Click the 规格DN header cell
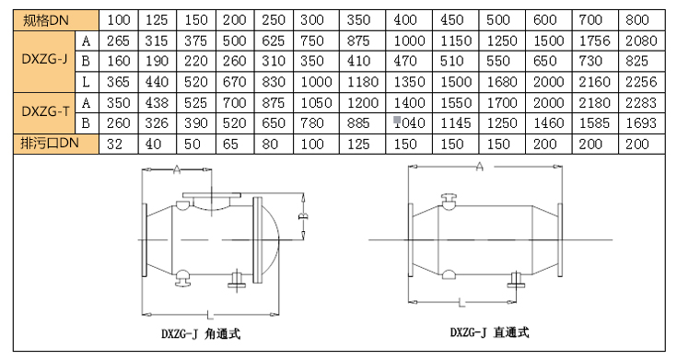pyautogui.click(x=55, y=20)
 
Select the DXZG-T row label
pyautogui.click(x=44, y=112)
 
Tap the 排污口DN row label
pyautogui.click(x=55, y=144)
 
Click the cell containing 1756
pyautogui.click(x=595, y=41)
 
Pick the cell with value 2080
pyautogui.click(x=642, y=41)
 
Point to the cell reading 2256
pyautogui.click(x=642, y=82)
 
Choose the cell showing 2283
pyautogui.click(x=642, y=103)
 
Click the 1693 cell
pyautogui.click(x=642, y=123)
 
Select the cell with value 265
pyautogui.click(x=118, y=41)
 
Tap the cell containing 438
pyautogui.click(x=157, y=103)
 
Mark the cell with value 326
pyautogui.click(x=157, y=123)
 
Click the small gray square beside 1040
pyautogui.click(x=397, y=120)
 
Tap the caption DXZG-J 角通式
pyautogui.click(x=201, y=333)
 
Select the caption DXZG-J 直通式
pyautogui.click(x=490, y=332)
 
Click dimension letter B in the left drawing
pyautogui.click(x=303, y=215)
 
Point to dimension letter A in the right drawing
pyautogui.click(x=480, y=166)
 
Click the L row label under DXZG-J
pyautogui.click(x=86, y=82)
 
